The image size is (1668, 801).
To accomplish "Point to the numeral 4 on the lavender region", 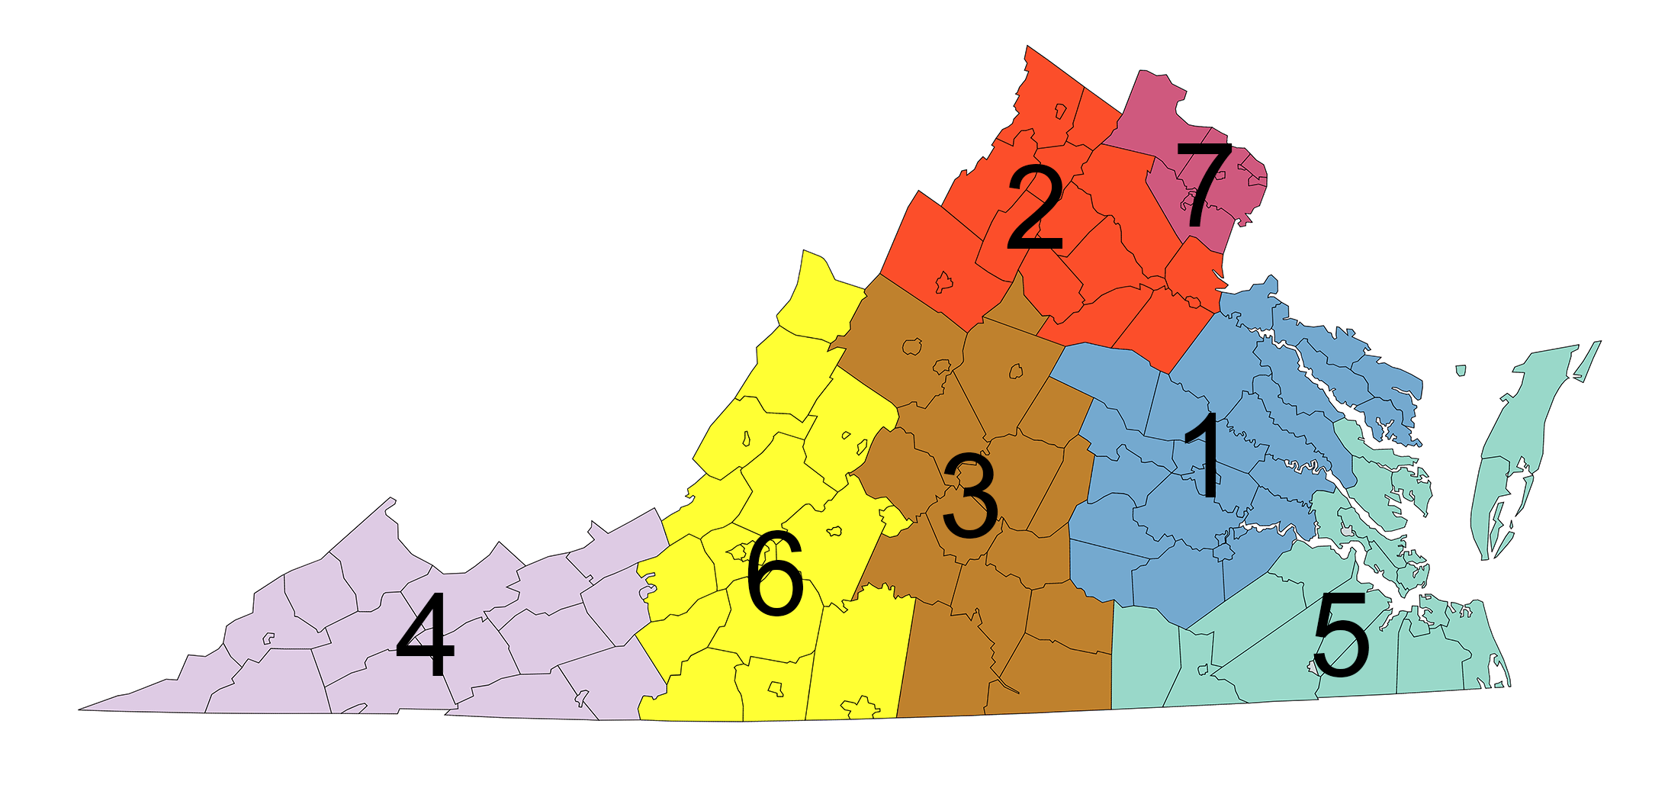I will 425,633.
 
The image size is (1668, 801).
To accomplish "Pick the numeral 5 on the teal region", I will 1340,635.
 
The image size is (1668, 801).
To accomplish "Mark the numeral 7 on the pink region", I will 1204,185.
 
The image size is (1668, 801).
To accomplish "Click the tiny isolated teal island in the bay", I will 1461,371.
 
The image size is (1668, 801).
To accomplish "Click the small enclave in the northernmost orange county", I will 1060,111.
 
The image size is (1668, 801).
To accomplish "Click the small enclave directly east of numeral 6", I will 834,530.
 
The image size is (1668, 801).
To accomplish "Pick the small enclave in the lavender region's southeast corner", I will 582,696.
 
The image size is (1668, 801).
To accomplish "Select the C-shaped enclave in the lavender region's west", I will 268,638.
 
